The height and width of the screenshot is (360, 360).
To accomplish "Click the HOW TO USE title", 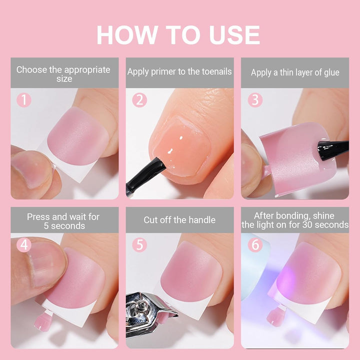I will (x=178, y=34).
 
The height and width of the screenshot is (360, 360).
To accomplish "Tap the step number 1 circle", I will (x=24, y=100).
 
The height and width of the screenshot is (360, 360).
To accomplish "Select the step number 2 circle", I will (x=139, y=100).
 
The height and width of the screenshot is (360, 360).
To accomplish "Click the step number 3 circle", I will (x=255, y=100).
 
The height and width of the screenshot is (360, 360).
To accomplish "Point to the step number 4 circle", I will (x=24, y=244).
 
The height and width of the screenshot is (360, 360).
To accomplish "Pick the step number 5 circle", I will (x=139, y=244).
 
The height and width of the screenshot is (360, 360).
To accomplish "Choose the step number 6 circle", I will (x=255, y=244).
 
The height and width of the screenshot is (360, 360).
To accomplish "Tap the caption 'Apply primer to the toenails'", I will (x=179, y=71).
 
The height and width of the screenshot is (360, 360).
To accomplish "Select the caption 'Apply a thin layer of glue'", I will (x=295, y=72).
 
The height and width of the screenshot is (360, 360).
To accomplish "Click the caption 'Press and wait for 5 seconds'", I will (x=63, y=221).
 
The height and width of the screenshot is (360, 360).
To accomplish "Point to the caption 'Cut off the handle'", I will (x=179, y=220).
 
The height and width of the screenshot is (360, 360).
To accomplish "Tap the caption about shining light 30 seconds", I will (x=295, y=220).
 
